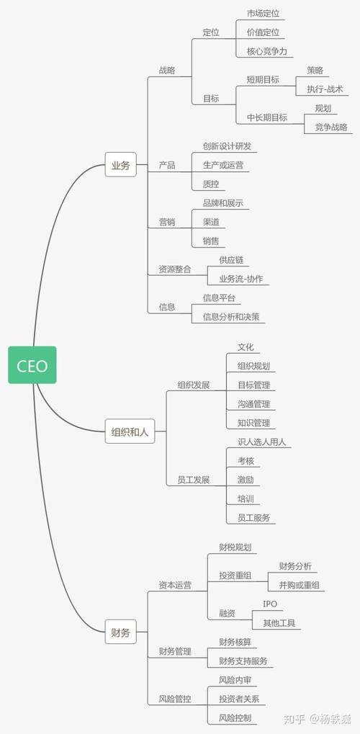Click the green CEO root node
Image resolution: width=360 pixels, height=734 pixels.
click(x=32, y=365)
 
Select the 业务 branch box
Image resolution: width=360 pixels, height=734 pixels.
click(x=120, y=164)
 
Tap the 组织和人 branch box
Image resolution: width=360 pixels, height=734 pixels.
click(x=130, y=431)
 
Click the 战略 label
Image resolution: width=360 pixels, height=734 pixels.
click(x=167, y=70)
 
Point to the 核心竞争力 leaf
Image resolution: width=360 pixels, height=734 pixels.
click(x=267, y=51)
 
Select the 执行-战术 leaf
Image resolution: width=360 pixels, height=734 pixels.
click(x=325, y=89)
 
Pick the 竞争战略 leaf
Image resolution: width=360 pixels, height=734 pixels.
click(x=331, y=127)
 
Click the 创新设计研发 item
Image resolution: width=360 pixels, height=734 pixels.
click(x=227, y=146)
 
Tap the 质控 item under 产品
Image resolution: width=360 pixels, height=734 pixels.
click(x=211, y=184)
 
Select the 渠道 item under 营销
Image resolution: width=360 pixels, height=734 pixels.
click(x=211, y=222)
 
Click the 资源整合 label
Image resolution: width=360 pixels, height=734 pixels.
click(x=175, y=269)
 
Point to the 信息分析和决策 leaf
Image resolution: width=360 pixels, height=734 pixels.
click(x=231, y=316)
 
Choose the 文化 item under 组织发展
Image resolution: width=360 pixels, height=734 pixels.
click(x=246, y=347)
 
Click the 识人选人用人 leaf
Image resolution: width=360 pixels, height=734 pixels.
click(x=261, y=442)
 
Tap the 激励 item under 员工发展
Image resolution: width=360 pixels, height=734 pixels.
click(x=246, y=479)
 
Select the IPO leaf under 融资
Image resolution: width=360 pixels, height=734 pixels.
click(x=270, y=604)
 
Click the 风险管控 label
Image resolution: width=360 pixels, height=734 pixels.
click(x=175, y=699)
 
